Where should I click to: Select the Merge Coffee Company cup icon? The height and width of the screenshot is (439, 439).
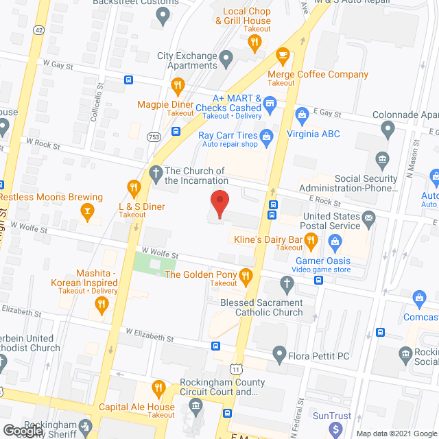281,55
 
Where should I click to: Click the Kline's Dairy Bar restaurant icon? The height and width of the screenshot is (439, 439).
311,239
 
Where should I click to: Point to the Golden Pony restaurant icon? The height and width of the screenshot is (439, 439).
246,275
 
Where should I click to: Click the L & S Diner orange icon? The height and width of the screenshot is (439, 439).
134,187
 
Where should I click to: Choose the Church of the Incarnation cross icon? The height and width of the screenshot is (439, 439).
156,171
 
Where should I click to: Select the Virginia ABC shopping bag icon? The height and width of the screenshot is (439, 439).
300,114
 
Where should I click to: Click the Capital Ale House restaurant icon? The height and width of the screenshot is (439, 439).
159,388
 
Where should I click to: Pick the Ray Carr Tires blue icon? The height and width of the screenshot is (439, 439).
268,135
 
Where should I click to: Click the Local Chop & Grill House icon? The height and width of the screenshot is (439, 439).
254,41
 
